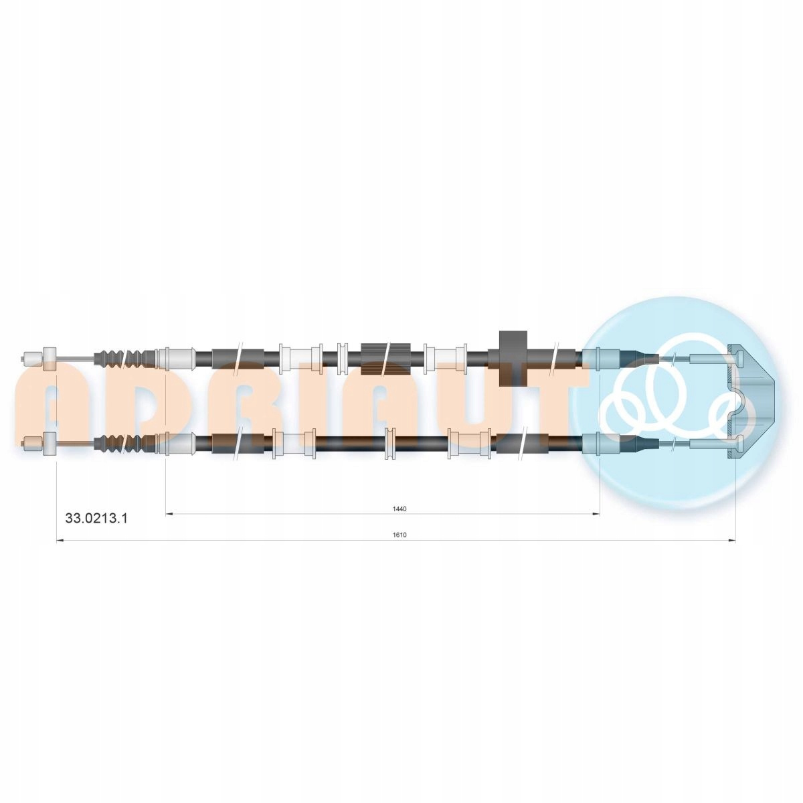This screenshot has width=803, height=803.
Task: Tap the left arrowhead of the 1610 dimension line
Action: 60,541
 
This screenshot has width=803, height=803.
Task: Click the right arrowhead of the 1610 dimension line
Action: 732,541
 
